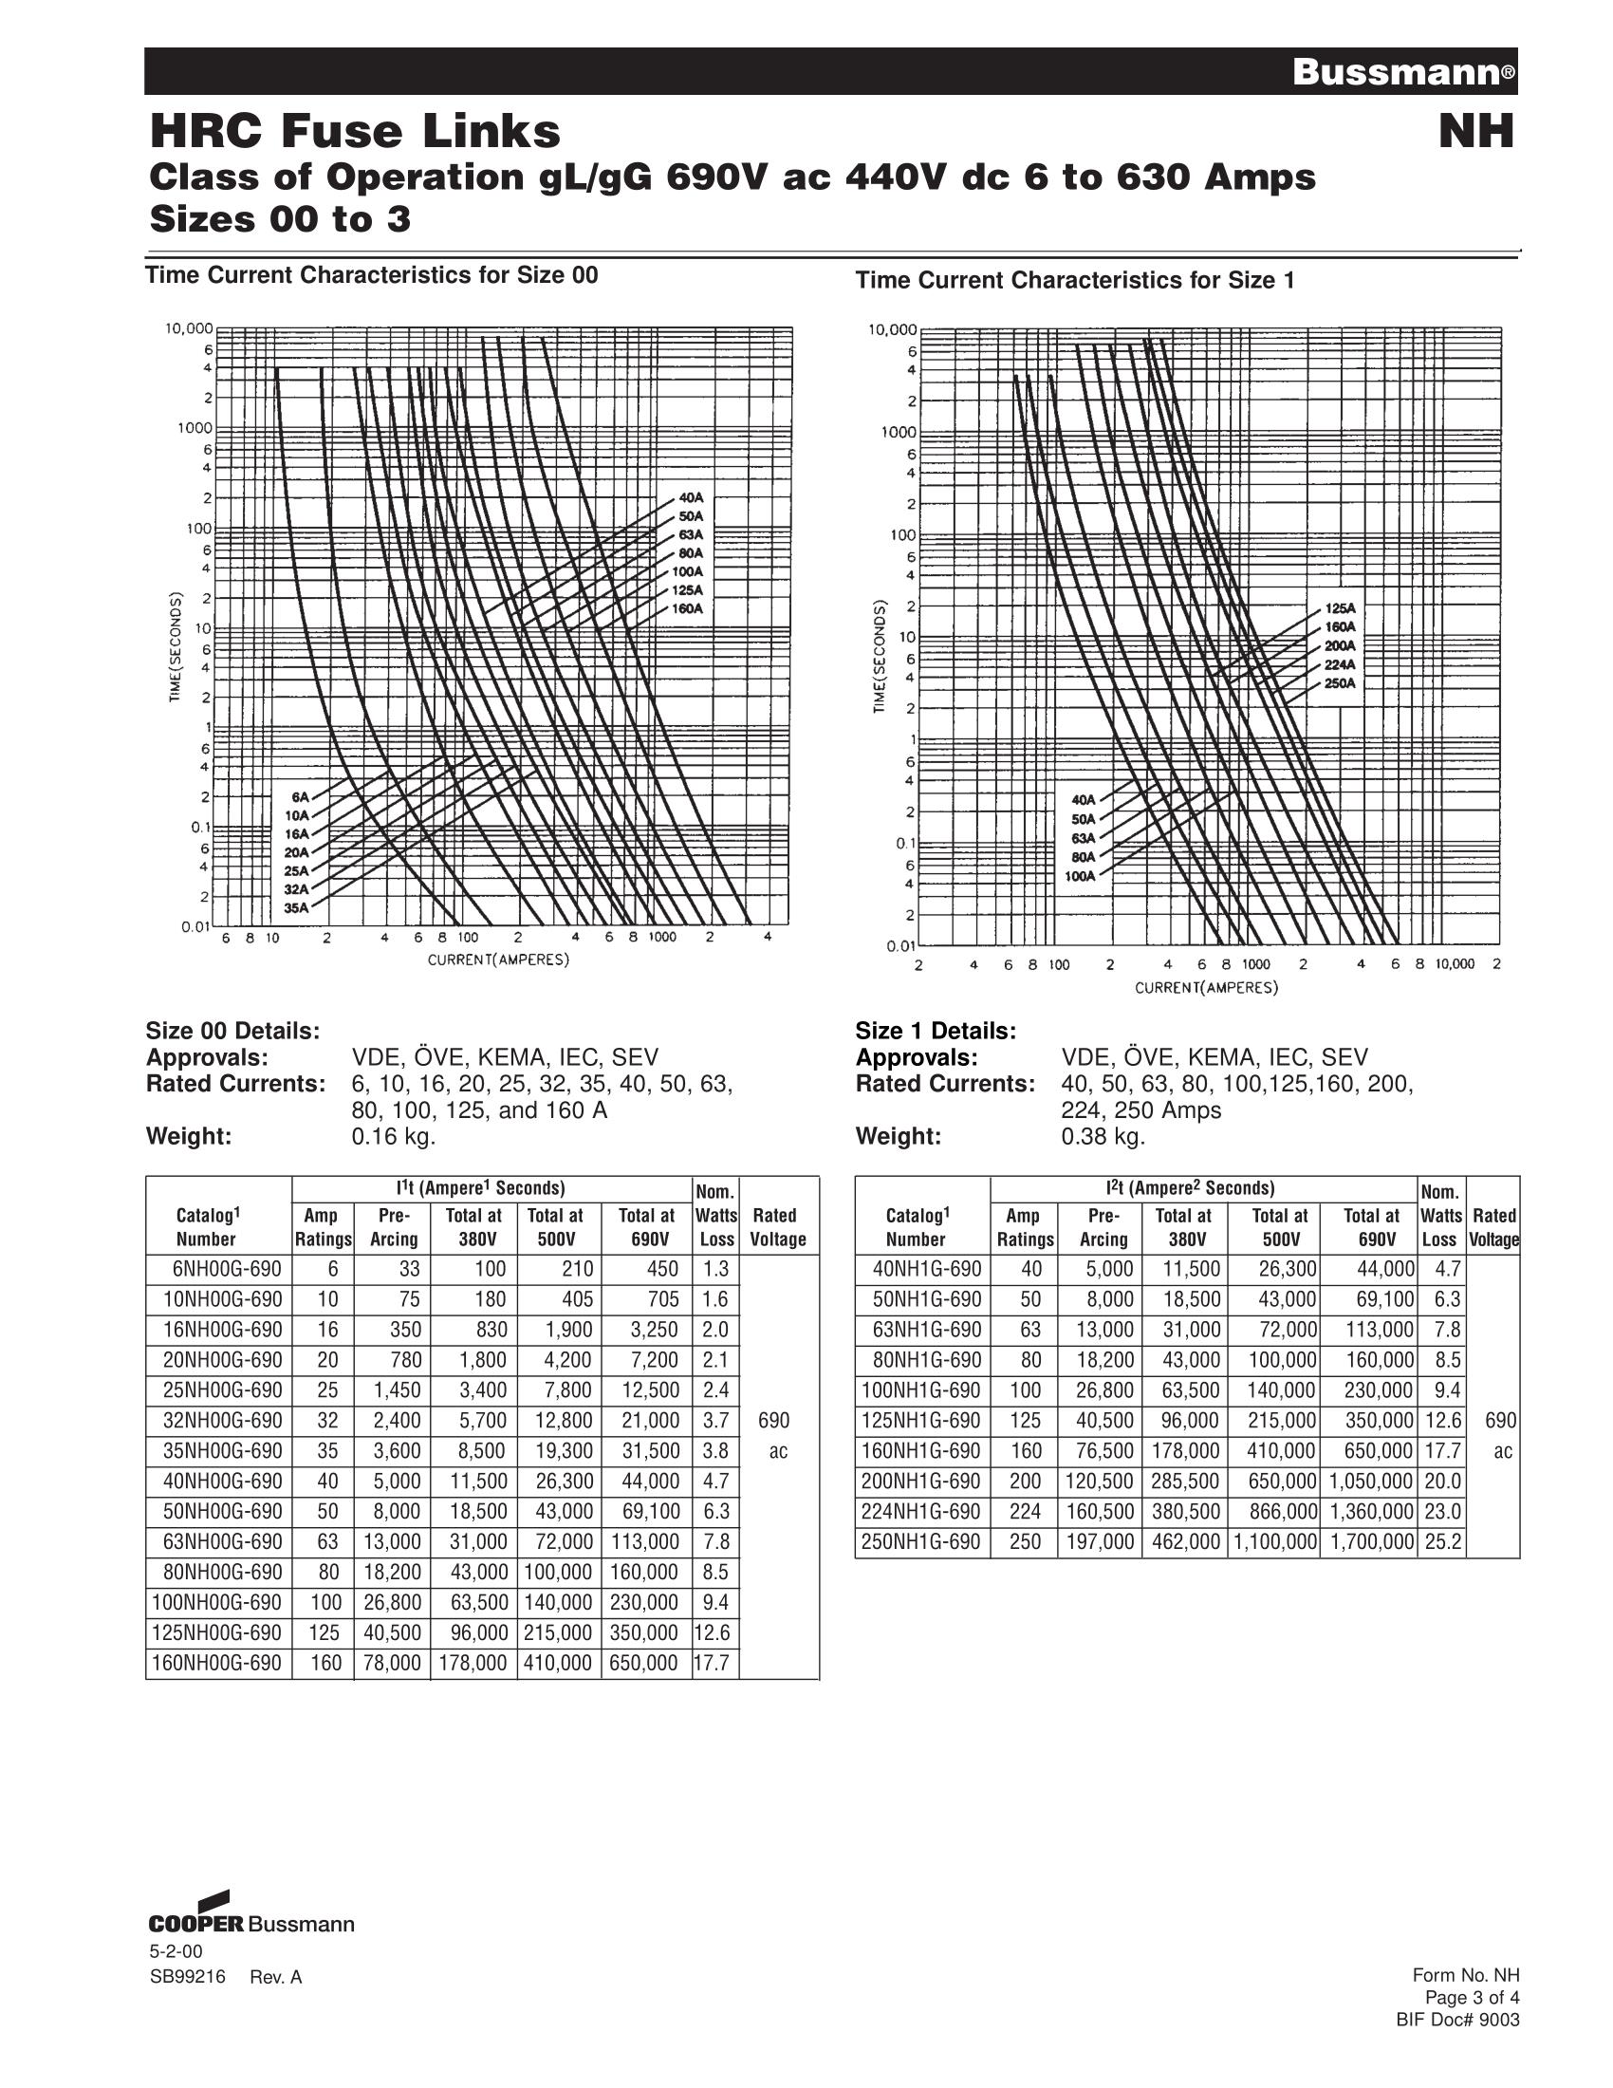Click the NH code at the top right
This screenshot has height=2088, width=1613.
click(1476, 132)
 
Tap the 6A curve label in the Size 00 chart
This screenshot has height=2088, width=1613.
click(300, 796)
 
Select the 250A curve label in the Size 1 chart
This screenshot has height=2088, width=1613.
click(1339, 683)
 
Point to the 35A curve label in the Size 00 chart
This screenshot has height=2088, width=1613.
click(296, 908)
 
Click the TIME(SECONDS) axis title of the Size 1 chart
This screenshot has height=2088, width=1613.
click(881, 656)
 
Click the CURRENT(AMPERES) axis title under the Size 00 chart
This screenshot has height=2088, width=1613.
click(498, 960)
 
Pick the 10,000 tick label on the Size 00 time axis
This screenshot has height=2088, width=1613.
click(189, 328)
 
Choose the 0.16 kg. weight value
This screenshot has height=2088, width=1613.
click(394, 1136)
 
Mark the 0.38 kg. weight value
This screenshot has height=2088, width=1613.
click(1103, 1136)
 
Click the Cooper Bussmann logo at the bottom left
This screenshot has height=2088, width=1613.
click(251, 1949)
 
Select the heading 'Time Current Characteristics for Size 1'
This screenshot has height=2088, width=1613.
click(1075, 280)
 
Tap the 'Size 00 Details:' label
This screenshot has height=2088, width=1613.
click(232, 1032)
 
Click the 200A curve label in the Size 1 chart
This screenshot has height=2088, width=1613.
click(1339, 645)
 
